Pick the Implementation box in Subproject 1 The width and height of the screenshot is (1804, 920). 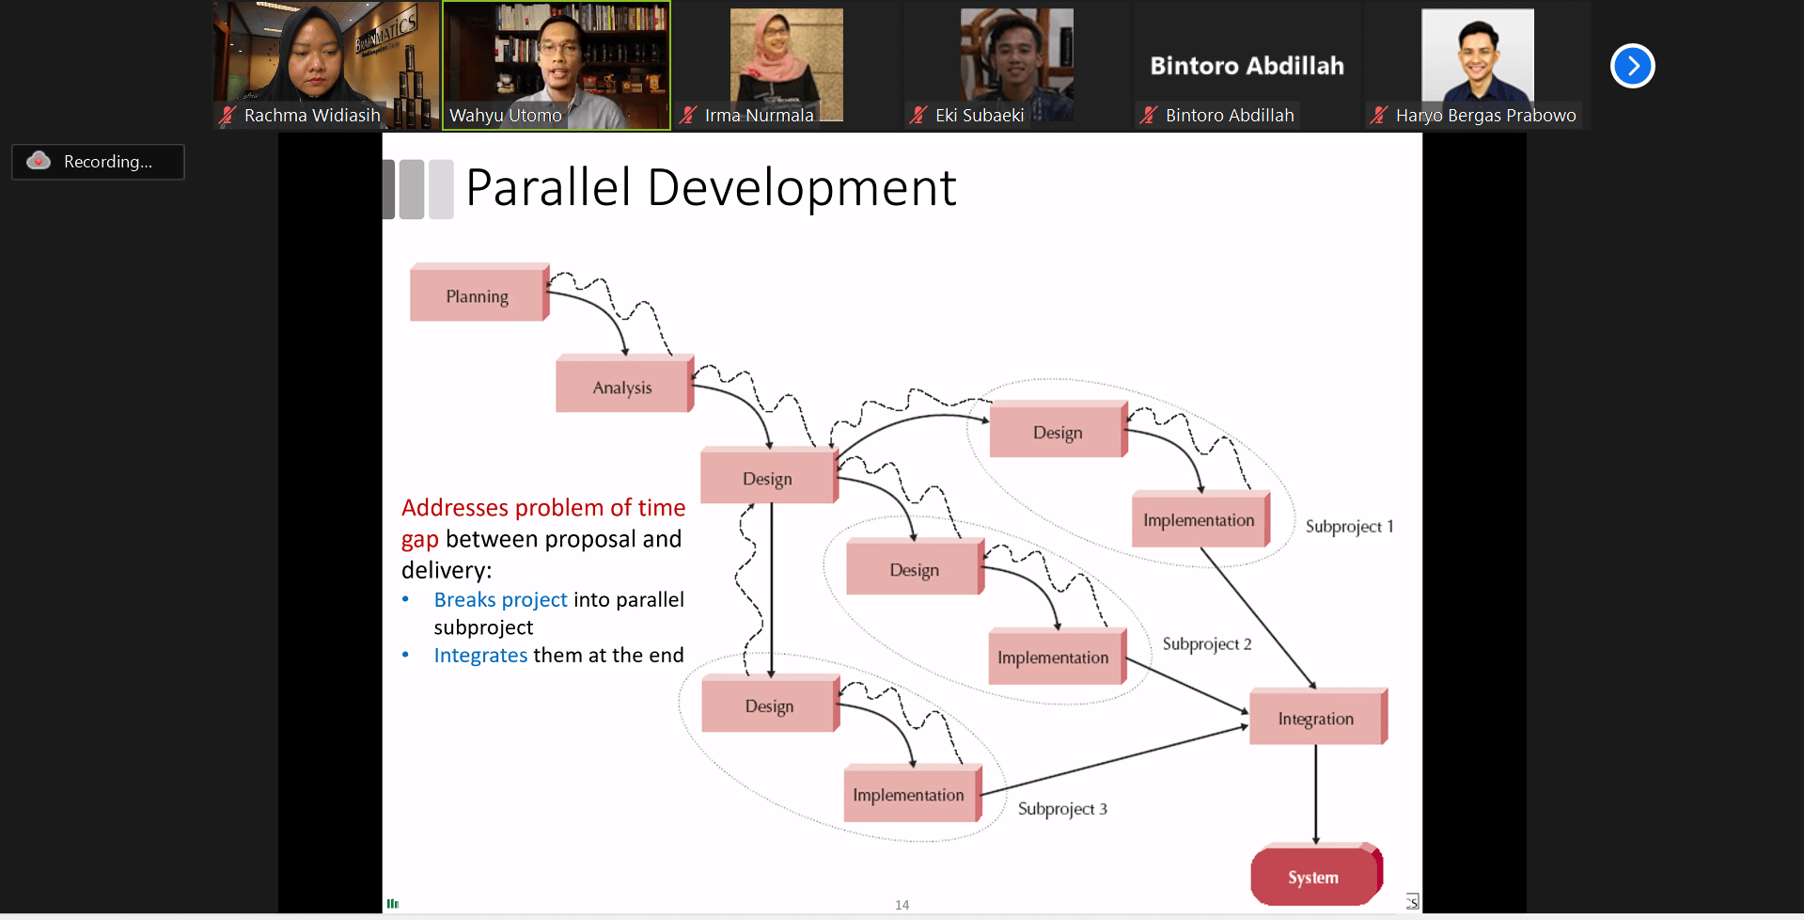[1200, 519]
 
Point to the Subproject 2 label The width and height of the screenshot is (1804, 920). [1207, 644]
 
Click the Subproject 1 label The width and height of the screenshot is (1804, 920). [1349, 527]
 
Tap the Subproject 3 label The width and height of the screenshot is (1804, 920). [1062, 809]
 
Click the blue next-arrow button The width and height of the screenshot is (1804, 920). [1632, 66]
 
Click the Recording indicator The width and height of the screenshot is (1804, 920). [98, 162]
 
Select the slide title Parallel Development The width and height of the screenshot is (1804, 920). [711, 188]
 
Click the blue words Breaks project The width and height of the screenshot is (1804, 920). [500, 600]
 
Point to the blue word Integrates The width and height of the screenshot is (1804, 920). [480, 656]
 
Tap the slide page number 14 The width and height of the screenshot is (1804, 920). [902, 905]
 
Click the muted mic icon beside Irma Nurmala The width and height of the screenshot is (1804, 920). [688, 116]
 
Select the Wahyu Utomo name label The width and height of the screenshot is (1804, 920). [505, 116]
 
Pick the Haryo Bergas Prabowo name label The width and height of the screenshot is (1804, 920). [1485, 116]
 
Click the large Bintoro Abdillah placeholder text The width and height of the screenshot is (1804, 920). [1247, 66]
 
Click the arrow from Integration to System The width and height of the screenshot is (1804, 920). [1316, 794]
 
